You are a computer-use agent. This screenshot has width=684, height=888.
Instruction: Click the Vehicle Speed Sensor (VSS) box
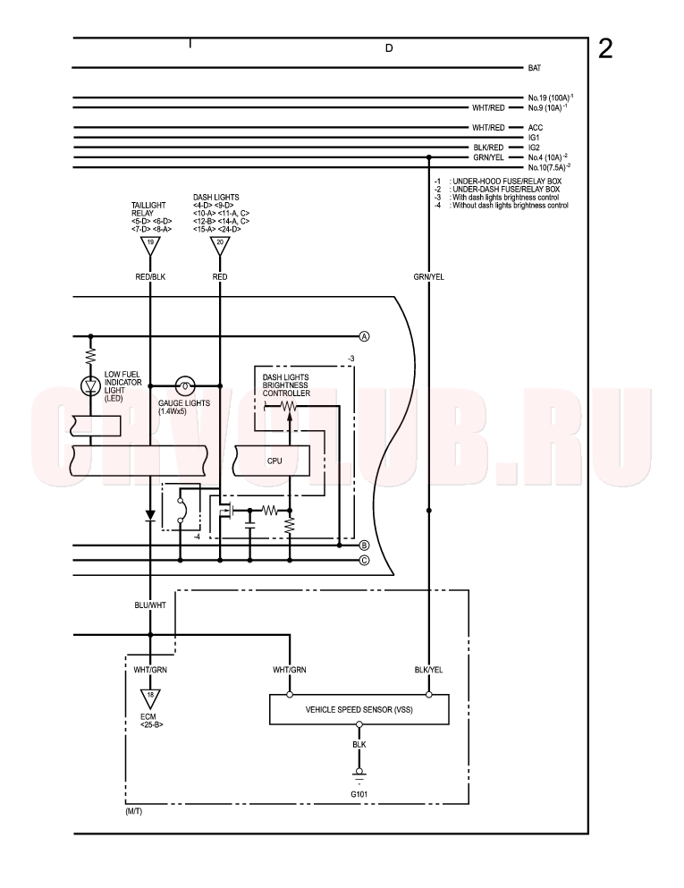tap(359, 710)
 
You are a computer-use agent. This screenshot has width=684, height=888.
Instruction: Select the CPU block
tap(273, 461)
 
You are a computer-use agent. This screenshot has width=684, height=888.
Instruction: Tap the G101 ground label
tap(359, 794)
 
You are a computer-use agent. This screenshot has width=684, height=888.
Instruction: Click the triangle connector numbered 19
tap(150, 245)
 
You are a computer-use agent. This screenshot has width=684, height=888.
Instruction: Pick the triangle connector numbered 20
tap(220, 245)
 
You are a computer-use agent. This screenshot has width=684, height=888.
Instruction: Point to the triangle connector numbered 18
tap(150, 698)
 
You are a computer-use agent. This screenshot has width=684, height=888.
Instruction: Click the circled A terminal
tap(364, 336)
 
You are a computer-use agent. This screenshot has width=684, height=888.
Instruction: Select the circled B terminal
tap(364, 545)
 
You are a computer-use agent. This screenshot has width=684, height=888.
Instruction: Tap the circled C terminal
tap(364, 560)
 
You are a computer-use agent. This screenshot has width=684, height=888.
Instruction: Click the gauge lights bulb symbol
tap(183, 385)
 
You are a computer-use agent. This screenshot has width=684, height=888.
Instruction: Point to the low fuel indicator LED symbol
tap(90, 385)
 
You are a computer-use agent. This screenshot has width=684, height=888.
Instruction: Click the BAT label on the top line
tap(535, 68)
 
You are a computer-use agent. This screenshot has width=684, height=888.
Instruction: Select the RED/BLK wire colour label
tap(150, 277)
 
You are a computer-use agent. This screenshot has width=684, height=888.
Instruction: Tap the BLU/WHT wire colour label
tap(150, 605)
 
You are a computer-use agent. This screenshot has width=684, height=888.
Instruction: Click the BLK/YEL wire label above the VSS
tap(428, 670)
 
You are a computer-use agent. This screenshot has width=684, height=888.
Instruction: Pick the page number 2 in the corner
tap(605, 49)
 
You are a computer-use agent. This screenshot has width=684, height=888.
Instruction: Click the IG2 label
tap(534, 148)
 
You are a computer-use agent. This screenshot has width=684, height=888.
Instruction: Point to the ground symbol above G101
tap(359, 774)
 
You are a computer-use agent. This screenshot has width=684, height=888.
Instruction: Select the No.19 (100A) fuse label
tap(551, 97)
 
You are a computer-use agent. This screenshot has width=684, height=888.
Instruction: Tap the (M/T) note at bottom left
tap(133, 812)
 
